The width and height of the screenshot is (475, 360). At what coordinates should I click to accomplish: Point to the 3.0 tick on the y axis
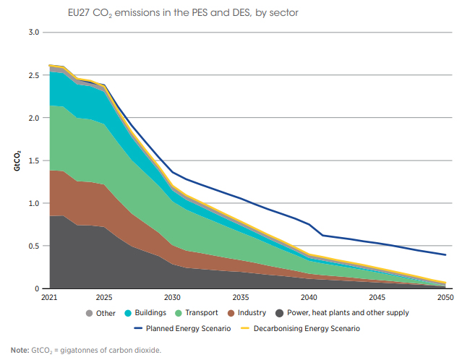(x=34, y=33)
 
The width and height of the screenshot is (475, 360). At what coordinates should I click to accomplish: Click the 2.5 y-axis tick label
(x=34, y=75)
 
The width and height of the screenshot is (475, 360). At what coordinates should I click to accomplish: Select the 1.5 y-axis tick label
(x=34, y=160)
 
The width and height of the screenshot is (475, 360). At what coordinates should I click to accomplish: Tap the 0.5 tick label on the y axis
(x=34, y=246)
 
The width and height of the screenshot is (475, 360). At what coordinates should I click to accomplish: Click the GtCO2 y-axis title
(x=14, y=160)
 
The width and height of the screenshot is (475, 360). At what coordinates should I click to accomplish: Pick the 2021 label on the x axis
(x=49, y=297)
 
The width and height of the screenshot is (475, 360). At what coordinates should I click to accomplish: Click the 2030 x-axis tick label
(x=172, y=297)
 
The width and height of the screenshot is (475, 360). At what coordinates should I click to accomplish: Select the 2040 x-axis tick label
(x=309, y=297)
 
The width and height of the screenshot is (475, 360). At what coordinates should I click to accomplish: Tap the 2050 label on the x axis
(x=445, y=297)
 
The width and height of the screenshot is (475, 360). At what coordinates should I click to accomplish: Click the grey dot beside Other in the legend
(x=90, y=313)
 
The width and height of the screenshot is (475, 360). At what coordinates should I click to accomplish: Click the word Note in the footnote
(x=20, y=351)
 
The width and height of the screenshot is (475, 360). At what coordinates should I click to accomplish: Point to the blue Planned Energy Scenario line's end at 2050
(x=445, y=254)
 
